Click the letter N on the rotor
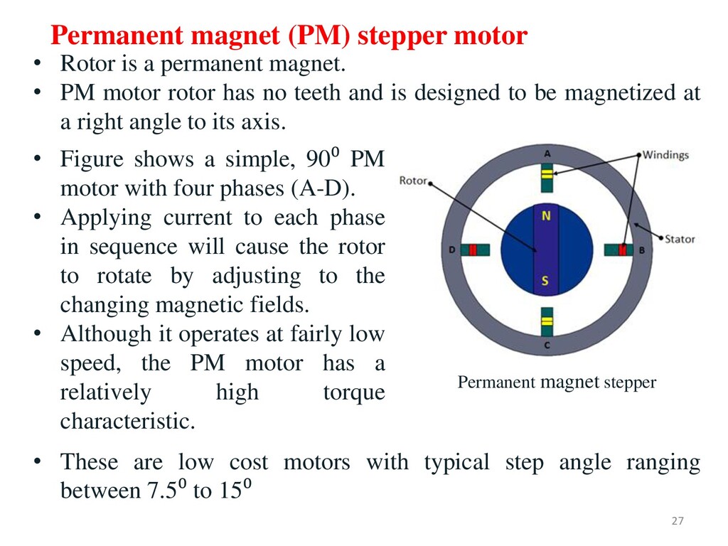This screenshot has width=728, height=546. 546,216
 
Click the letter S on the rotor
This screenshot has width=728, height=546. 545,281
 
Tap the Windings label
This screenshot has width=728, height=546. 665,155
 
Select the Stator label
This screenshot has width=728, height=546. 680,239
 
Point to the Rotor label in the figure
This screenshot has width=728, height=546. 413,181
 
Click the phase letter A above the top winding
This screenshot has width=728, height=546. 547,154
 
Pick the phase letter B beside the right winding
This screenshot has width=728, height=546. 642,250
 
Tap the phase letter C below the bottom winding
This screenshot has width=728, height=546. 547,346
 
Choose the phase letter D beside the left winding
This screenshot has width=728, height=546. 452,250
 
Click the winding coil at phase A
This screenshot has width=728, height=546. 547,175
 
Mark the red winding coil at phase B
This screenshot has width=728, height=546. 623,250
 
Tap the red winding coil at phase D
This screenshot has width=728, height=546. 472,250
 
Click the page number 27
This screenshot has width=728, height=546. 677,522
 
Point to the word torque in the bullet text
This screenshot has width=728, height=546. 353,392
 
